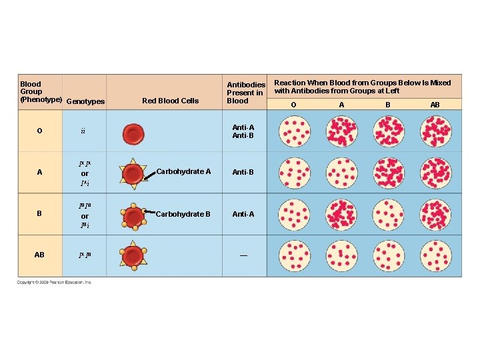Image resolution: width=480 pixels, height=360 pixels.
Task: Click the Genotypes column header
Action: [x=86, y=101]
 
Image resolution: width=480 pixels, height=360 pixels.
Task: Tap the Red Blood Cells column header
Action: [x=170, y=101]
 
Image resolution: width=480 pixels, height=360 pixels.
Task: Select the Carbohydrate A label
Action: [x=183, y=172]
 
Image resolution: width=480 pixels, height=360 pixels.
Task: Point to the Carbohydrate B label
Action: [x=183, y=214]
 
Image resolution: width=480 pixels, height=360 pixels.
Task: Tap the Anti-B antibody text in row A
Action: [x=243, y=173]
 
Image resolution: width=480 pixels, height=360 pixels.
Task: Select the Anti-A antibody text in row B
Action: [x=243, y=215]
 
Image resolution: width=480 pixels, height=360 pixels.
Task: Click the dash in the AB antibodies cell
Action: [x=243, y=255]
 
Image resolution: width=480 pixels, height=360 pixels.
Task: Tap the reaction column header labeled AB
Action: [x=435, y=105]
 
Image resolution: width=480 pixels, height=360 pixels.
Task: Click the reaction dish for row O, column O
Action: [x=294, y=131]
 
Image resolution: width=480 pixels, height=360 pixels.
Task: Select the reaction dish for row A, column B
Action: [x=388, y=173]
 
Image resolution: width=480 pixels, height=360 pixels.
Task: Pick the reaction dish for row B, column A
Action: [x=341, y=214]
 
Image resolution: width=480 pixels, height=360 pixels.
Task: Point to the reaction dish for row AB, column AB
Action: [x=435, y=255]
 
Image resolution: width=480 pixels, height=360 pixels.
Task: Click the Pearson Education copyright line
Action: [x=55, y=283]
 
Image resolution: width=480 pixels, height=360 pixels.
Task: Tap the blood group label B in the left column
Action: [x=39, y=215]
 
